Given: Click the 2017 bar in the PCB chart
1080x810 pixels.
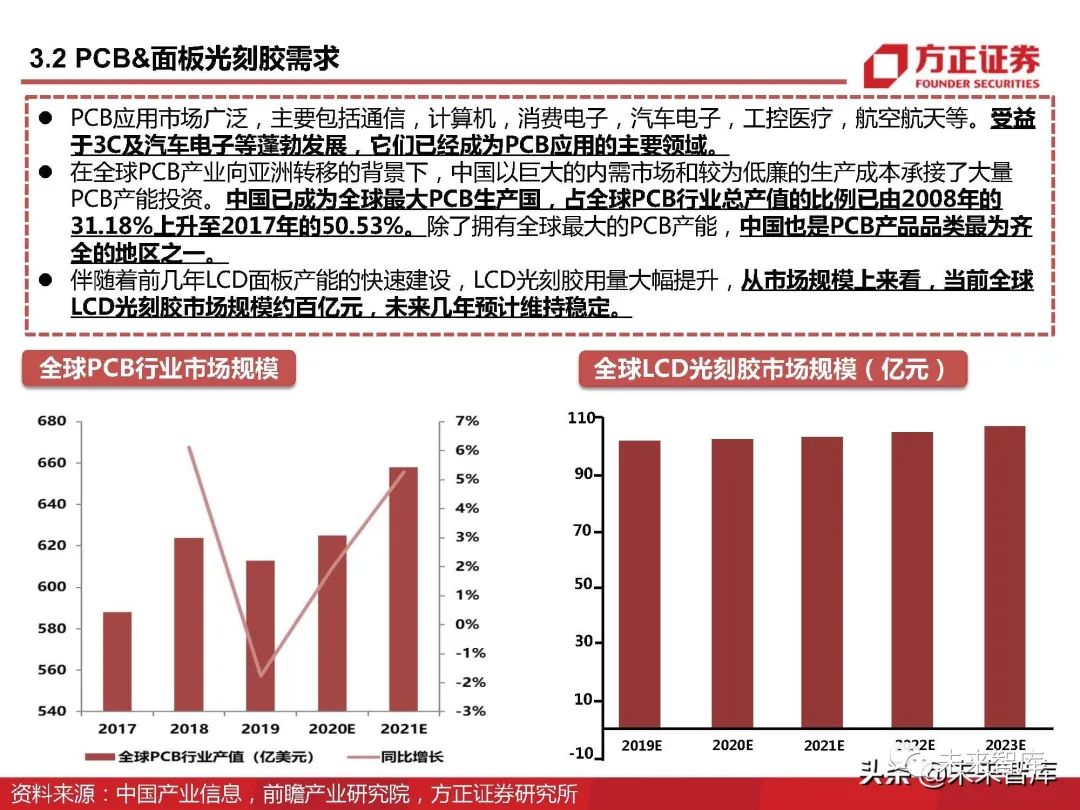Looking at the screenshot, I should click(x=118, y=661).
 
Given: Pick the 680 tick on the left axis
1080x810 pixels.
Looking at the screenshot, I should click(x=51, y=421).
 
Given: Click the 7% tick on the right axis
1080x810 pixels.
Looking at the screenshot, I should click(x=467, y=421).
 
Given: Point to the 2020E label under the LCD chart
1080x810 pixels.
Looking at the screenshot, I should click(x=732, y=745).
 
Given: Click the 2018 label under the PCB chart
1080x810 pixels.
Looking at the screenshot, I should click(x=189, y=730).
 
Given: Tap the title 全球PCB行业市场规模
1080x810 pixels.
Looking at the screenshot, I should click(x=159, y=369).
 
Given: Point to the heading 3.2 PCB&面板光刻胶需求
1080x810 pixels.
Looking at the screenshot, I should click(x=184, y=58).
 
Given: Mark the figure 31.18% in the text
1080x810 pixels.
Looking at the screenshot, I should click(x=112, y=226).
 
